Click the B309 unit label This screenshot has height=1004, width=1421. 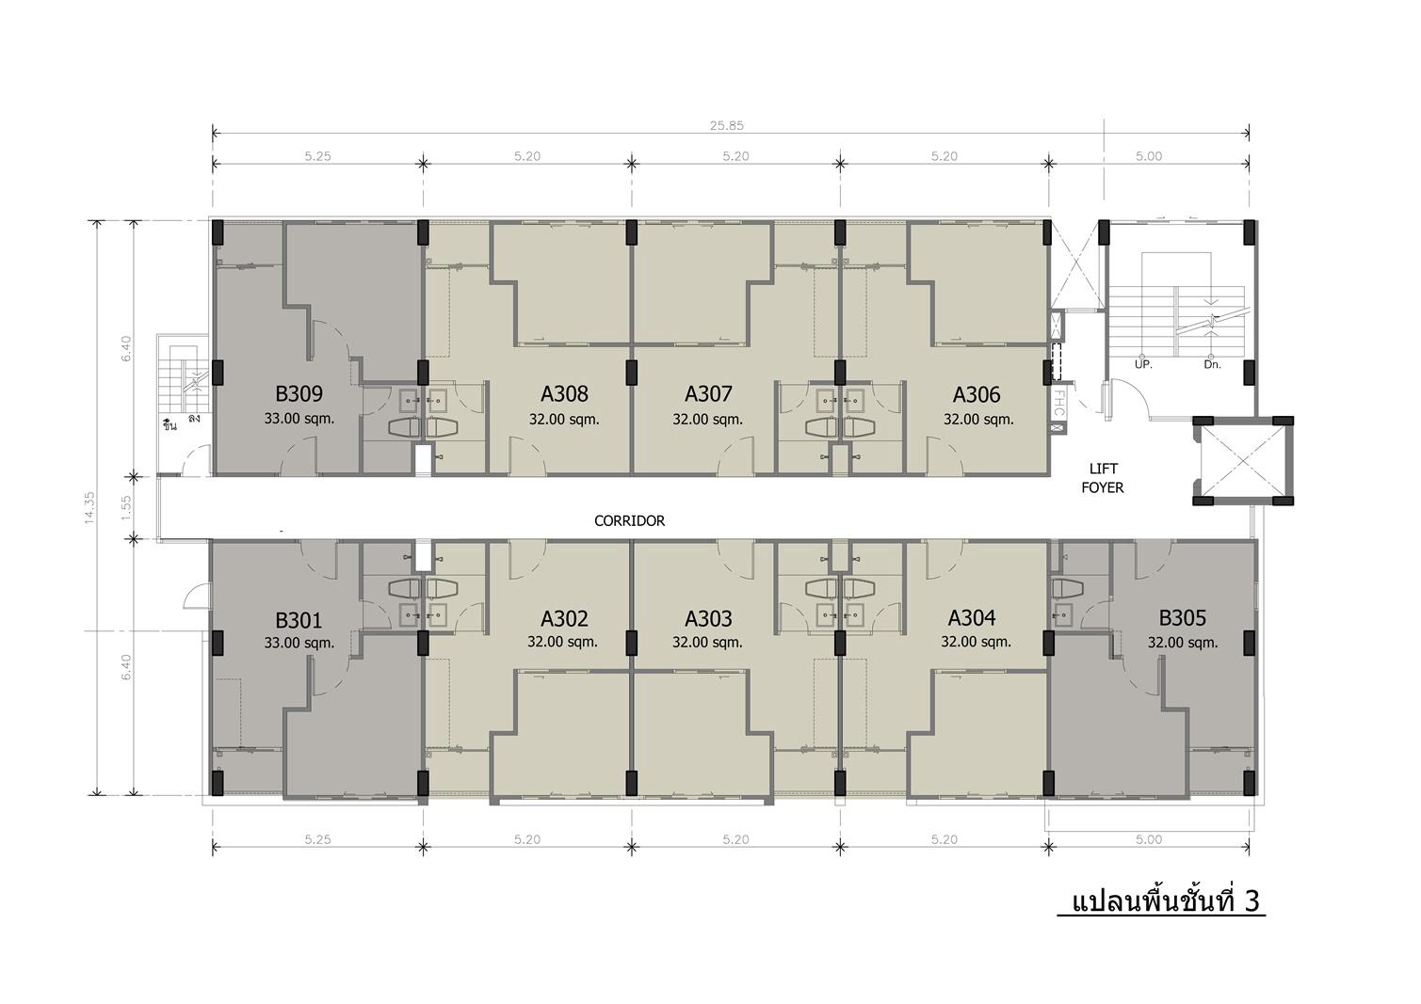[x=299, y=394]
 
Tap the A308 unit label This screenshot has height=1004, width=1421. [x=564, y=394]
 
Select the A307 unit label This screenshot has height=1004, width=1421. [x=708, y=394]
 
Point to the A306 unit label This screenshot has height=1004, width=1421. [x=977, y=395]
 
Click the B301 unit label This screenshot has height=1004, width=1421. [x=299, y=619]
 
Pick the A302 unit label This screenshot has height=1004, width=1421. [x=564, y=618]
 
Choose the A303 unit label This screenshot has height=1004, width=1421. [x=708, y=618]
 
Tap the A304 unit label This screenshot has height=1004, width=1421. [x=972, y=617]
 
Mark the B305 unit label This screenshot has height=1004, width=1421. [x=1183, y=617]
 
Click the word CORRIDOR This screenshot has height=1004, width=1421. [x=629, y=521]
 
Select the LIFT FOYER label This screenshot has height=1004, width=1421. [x=1103, y=478]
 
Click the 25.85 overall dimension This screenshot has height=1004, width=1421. [x=727, y=125]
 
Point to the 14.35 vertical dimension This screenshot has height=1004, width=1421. [x=89, y=508]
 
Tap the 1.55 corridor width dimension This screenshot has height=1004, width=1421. [x=126, y=507]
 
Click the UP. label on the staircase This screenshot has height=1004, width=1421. [x=1143, y=365]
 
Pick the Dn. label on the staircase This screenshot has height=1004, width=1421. [x=1212, y=365]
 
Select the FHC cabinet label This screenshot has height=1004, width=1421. [x=1058, y=403]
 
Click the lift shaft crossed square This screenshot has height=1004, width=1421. [x=1243, y=461]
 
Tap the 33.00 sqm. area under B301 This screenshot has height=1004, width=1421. [x=299, y=643]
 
